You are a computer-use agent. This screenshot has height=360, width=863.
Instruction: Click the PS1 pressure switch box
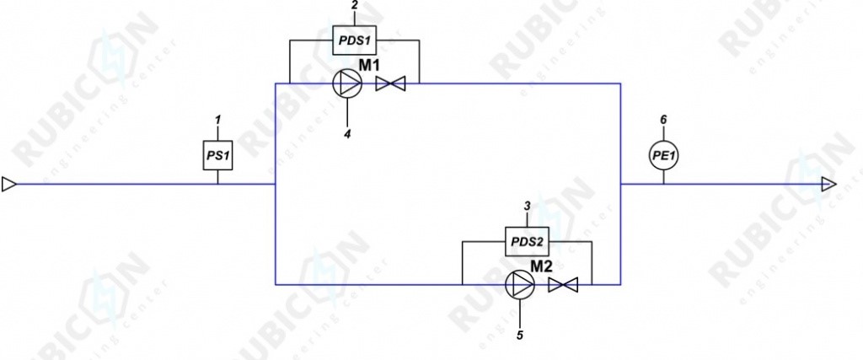click(218, 155)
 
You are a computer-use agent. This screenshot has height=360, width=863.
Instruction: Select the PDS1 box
click(355, 40)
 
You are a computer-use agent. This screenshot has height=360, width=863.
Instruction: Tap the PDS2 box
click(528, 242)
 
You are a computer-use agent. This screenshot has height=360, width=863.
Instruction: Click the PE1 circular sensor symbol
click(663, 156)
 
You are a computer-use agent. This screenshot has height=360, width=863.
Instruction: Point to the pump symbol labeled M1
click(347, 83)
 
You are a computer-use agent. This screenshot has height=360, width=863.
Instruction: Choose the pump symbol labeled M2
click(519, 285)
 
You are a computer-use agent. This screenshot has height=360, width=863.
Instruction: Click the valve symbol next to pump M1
click(390, 84)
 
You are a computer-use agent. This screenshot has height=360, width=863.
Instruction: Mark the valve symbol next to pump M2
click(563, 285)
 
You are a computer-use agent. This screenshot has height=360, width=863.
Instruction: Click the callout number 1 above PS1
click(218, 119)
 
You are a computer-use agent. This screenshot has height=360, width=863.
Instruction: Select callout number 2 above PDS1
click(355, 6)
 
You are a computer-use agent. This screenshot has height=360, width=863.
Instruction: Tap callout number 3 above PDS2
click(528, 207)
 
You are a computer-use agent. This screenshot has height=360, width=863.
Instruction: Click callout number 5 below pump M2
click(520, 334)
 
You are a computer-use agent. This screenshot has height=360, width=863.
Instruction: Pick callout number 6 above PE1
click(663, 120)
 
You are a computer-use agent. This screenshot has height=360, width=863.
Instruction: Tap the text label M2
click(541, 266)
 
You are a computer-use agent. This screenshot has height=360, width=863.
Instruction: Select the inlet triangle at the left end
click(9, 184)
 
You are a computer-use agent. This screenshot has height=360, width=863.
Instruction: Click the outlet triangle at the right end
click(828, 184)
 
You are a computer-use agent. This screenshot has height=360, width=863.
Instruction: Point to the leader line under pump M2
click(520, 314)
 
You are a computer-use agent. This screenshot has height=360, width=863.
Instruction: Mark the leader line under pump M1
click(347, 112)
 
